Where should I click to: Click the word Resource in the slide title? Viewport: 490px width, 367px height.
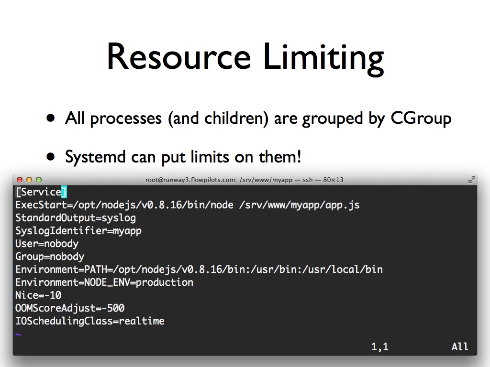[179, 56]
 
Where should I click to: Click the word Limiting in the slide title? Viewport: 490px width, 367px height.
[323, 59]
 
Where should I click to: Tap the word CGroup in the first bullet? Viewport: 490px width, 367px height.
[421, 119]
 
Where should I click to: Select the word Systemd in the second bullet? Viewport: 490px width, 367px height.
[95, 156]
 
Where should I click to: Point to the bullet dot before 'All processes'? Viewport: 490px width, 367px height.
[50, 119]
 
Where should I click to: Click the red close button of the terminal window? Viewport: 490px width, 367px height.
[20, 180]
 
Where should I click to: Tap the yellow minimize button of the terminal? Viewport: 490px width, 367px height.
[29, 180]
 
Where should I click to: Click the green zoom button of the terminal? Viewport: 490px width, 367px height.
[39, 180]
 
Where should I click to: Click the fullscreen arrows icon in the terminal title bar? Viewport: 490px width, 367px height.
[471, 180]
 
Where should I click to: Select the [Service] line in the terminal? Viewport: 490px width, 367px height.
[41, 192]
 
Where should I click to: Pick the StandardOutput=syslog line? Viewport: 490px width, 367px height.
[76, 218]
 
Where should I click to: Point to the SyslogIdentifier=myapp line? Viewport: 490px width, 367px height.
[78, 231]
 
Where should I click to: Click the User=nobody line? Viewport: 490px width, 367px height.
[47, 244]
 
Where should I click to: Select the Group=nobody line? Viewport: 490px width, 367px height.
[50, 257]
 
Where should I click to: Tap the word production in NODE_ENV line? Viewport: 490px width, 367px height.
[165, 282]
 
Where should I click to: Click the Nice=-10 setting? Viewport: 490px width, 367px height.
[38, 295]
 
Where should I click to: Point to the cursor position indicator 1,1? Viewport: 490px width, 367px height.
[380, 347]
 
